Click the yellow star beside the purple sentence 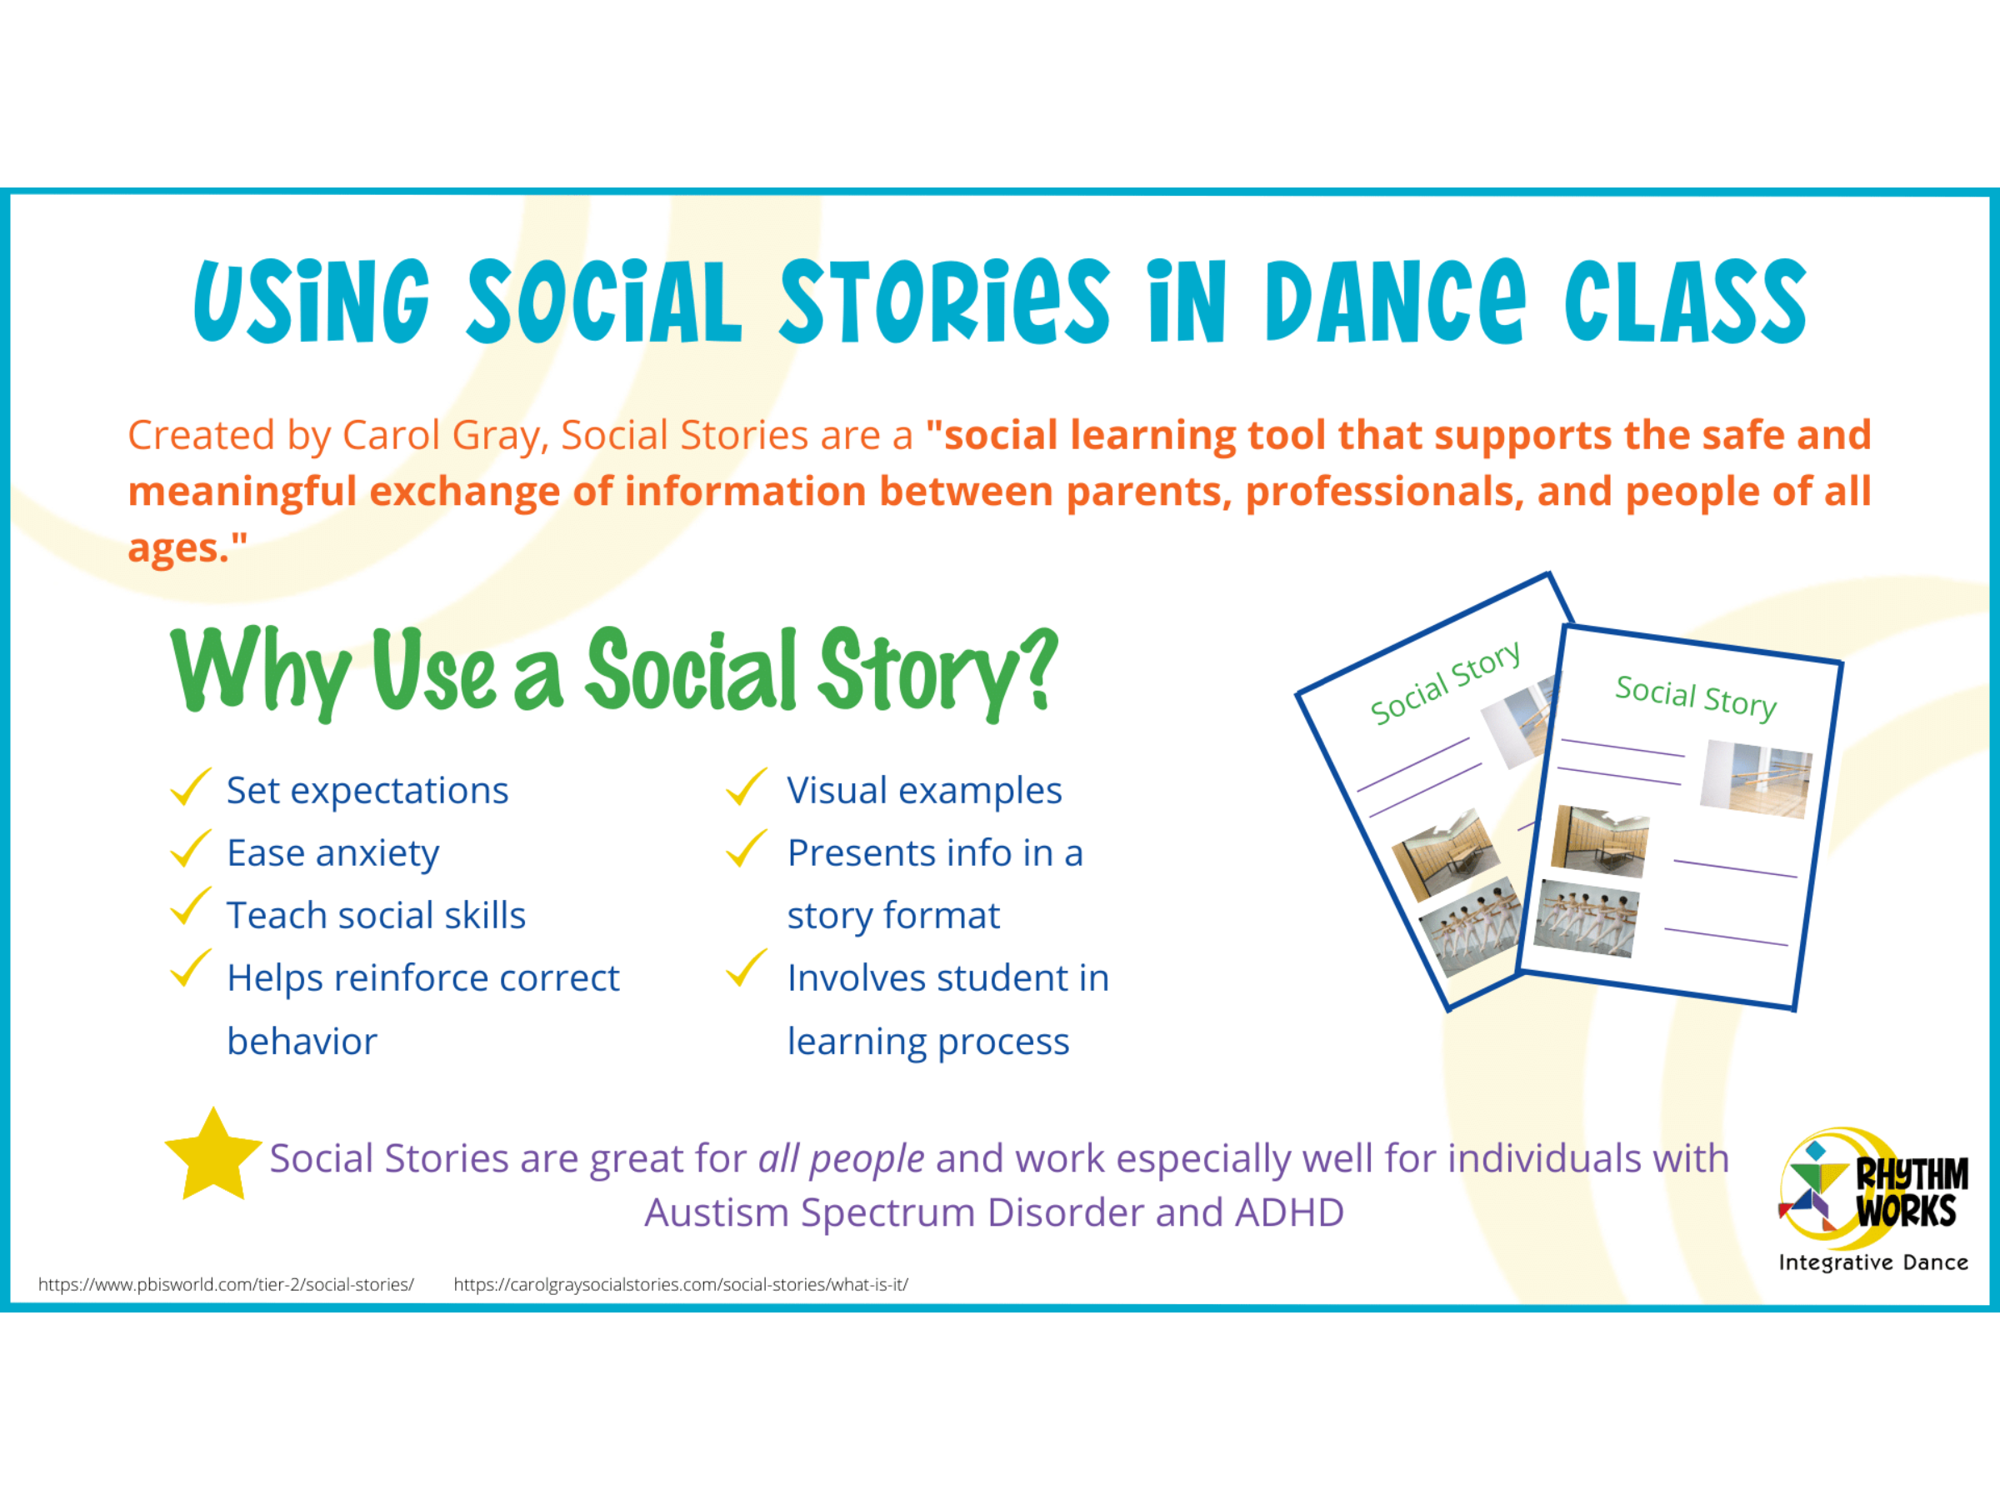click(213, 1157)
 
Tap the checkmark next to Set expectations click(190, 787)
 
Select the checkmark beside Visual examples click(746, 787)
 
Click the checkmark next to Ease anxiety click(190, 849)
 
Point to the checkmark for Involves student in click(746, 969)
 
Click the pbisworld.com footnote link click(226, 1284)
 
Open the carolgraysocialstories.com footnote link click(681, 1284)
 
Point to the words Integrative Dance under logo click(1873, 1262)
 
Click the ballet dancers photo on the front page click(1587, 917)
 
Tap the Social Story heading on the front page click(1695, 697)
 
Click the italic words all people click(841, 1159)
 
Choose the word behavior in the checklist click(302, 1041)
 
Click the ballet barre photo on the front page click(1756, 778)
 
